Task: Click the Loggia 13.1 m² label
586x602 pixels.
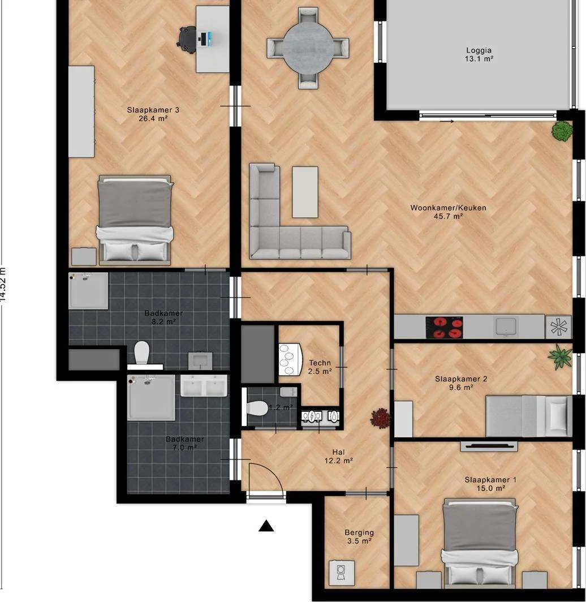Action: click(x=479, y=54)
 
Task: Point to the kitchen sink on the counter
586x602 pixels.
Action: click(x=505, y=326)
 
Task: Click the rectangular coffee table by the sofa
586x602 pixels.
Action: click(x=305, y=192)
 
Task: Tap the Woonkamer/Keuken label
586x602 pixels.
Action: click(x=448, y=212)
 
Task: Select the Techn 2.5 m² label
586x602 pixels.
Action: click(x=320, y=367)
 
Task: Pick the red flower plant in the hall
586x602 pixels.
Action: click(x=380, y=419)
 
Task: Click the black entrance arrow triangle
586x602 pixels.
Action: click(x=266, y=526)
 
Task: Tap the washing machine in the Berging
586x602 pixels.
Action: click(x=342, y=573)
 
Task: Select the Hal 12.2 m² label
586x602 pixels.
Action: click(x=339, y=456)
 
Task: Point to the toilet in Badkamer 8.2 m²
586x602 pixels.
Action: click(x=141, y=354)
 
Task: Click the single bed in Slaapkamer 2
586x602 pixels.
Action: click(x=527, y=416)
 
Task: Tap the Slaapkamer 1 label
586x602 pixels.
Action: click(x=490, y=484)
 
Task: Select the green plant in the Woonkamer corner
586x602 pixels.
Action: click(x=562, y=131)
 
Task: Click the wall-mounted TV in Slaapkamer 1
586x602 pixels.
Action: click(x=489, y=446)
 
